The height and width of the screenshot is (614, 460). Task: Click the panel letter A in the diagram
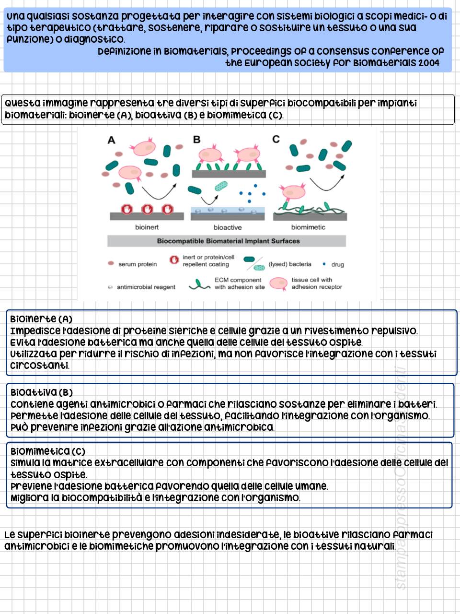pyautogui.click(x=112, y=140)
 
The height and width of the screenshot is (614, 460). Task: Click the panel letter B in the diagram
pyautogui.click(x=196, y=140)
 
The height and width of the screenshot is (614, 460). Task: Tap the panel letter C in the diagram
pyautogui.click(x=276, y=139)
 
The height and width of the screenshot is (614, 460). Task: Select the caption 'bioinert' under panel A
pyautogui.click(x=147, y=227)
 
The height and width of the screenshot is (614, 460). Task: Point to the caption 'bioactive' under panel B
pyautogui.click(x=228, y=227)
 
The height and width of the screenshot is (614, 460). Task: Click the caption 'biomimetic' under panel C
pyautogui.click(x=308, y=227)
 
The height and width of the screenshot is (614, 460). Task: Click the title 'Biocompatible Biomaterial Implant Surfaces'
pyautogui.click(x=228, y=241)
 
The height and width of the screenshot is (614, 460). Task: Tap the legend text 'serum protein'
pyautogui.click(x=138, y=264)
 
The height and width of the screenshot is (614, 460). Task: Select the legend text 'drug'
pyautogui.click(x=337, y=264)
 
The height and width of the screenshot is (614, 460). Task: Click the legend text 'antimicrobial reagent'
pyautogui.click(x=146, y=287)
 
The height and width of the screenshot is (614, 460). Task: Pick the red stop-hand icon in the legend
pyautogui.click(x=174, y=260)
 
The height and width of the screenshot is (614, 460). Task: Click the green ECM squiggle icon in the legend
pyautogui.click(x=199, y=285)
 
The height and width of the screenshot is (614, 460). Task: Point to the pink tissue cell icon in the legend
pyautogui.click(x=278, y=283)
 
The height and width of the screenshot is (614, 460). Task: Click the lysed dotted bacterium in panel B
pyautogui.click(x=221, y=186)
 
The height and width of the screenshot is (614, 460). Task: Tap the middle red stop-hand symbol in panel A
pyautogui.click(x=147, y=209)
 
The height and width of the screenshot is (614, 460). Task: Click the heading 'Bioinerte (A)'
pyautogui.click(x=41, y=319)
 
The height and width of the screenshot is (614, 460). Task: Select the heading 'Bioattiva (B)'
pyautogui.click(x=42, y=392)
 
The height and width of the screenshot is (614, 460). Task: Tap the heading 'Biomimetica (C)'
pyautogui.click(x=47, y=451)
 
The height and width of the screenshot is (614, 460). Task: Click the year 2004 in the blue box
pyautogui.click(x=428, y=63)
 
